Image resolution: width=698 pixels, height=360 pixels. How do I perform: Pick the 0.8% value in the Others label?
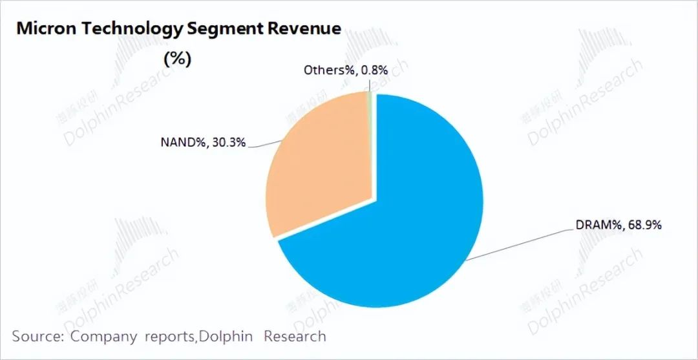coord(375,70)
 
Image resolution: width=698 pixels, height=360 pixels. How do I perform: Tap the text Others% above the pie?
coord(328,70)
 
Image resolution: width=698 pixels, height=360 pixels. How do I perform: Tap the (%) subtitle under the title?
coord(177,59)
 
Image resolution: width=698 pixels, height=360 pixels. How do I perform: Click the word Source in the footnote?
coord(37,337)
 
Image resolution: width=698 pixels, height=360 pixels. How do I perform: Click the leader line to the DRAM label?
coord(517,244)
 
